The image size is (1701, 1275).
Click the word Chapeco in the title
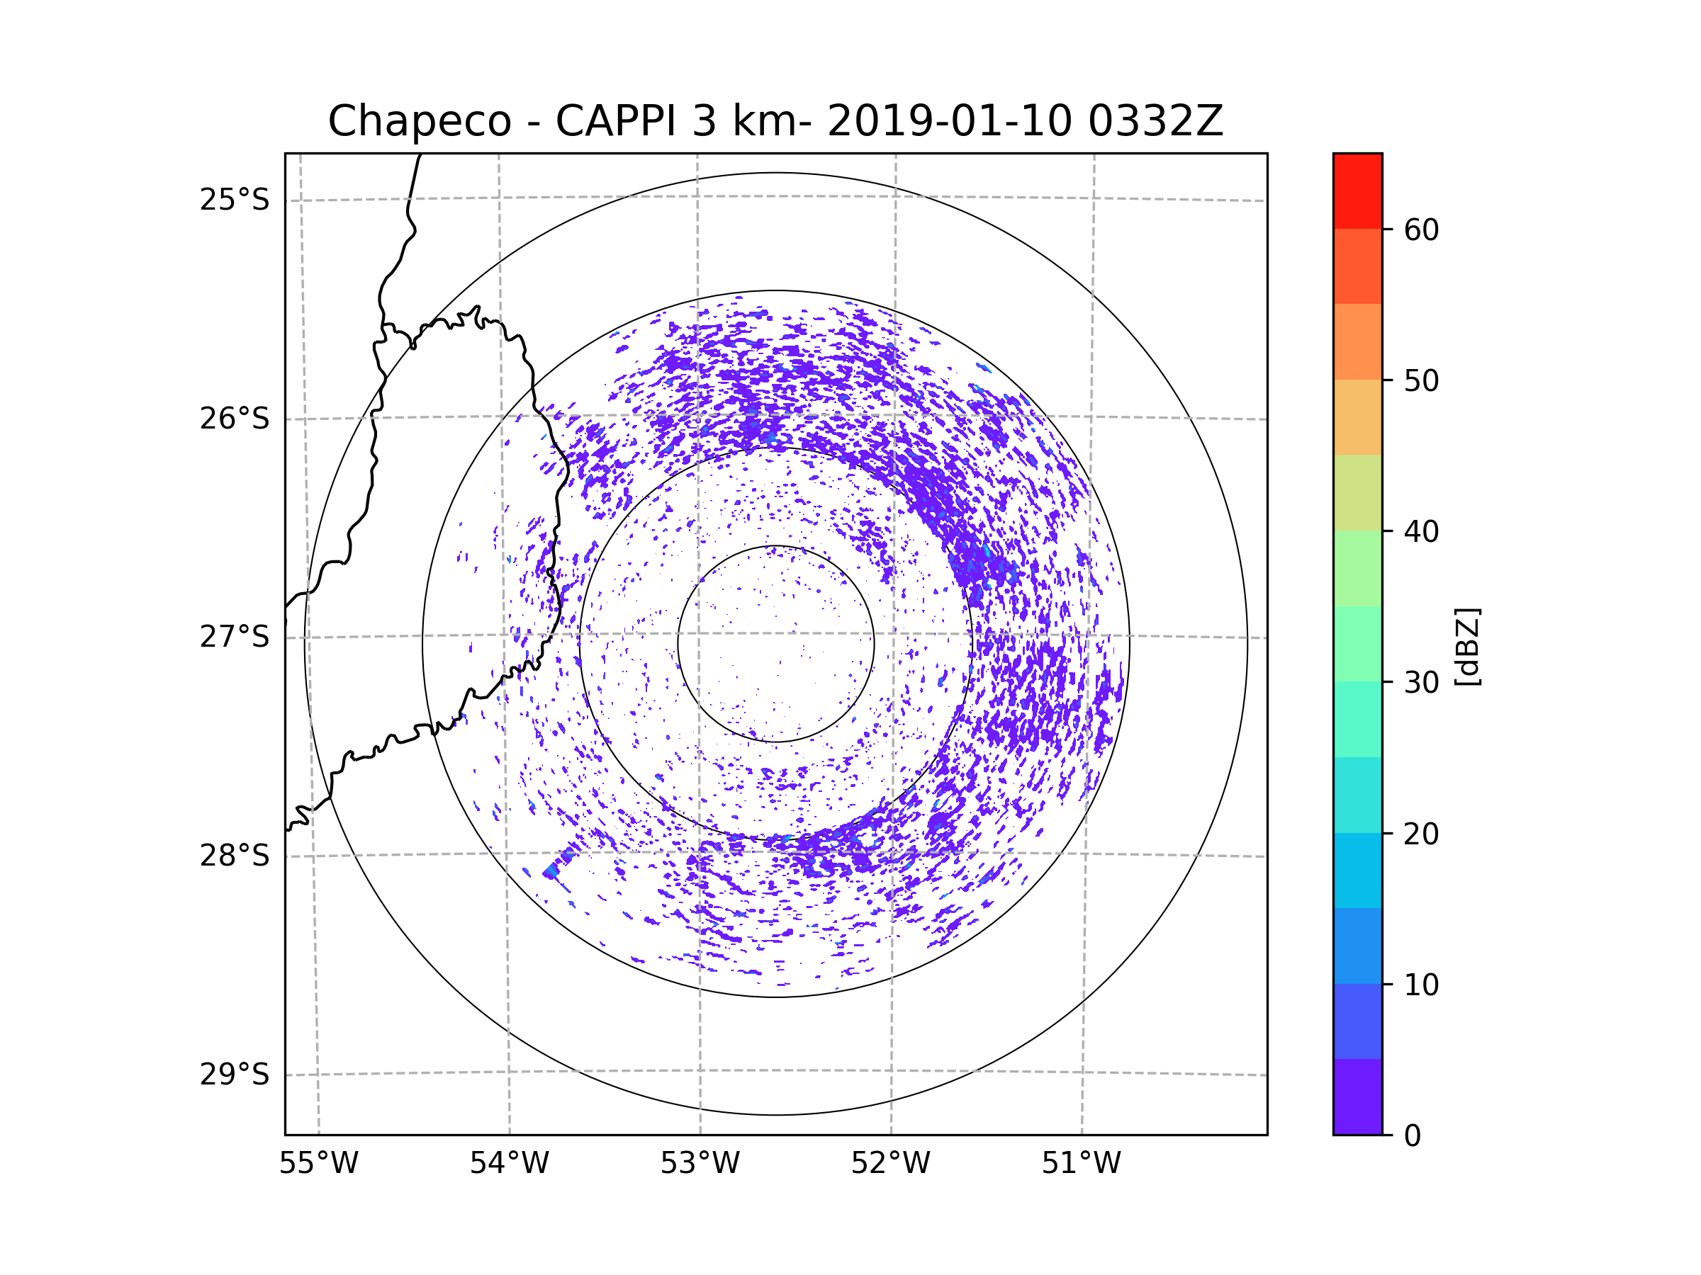pyautogui.click(x=419, y=121)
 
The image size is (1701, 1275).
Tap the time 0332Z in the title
pyautogui.click(x=1155, y=121)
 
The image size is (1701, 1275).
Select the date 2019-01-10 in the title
pyautogui.click(x=949, y=121)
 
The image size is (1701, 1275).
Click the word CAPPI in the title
pyautogui.click(x=615, y=121)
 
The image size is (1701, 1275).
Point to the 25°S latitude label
pyautogui.click(x=235, y=200)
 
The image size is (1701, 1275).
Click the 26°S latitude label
pyautogui.click(x=235, y=419)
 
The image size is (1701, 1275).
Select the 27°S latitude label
pyautogui.click(x=235, y=637)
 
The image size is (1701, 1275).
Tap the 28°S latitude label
pyautogui.click(x=235, y=856)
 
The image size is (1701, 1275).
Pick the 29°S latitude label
pyautogui.click(x=235, y=1075)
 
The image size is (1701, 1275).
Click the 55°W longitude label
pyautogui.click(x=318, y=1164)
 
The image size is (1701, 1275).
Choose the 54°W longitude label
pyautogui.click(x=509, y=1164)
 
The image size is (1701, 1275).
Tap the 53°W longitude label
pyautogui.click(x=700, y=1164)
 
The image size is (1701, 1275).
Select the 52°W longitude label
pyautogui.click(x=890, y=1164)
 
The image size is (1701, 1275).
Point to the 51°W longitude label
pyautogui.click(x=1081, y=1164)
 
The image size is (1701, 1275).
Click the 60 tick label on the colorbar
pyautogui.click(x=1421, y=229)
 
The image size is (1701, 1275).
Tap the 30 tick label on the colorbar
pyautogui.click(x=1421, y=682)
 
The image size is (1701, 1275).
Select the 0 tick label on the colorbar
pyautogui.click(x=1413, y=1136)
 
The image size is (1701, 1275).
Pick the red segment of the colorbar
pyautogui.click(x=1357, y=191)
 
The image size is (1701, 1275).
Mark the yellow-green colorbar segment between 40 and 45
pyautogui.click(x=1357, y=492)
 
